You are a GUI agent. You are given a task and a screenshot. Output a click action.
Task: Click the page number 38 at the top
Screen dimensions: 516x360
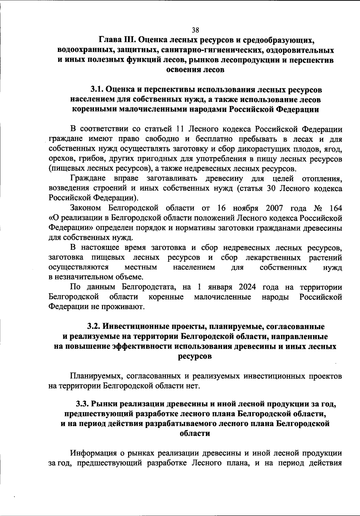coord(195,30)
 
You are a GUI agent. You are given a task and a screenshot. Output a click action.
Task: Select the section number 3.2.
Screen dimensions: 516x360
coord(94,326)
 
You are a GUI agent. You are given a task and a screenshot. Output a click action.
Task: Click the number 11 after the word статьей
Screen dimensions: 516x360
coord(178,129)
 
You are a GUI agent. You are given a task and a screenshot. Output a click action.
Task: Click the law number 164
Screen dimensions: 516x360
coord(335,208)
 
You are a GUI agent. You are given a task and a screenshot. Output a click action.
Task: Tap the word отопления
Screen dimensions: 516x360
coord(322,179)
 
